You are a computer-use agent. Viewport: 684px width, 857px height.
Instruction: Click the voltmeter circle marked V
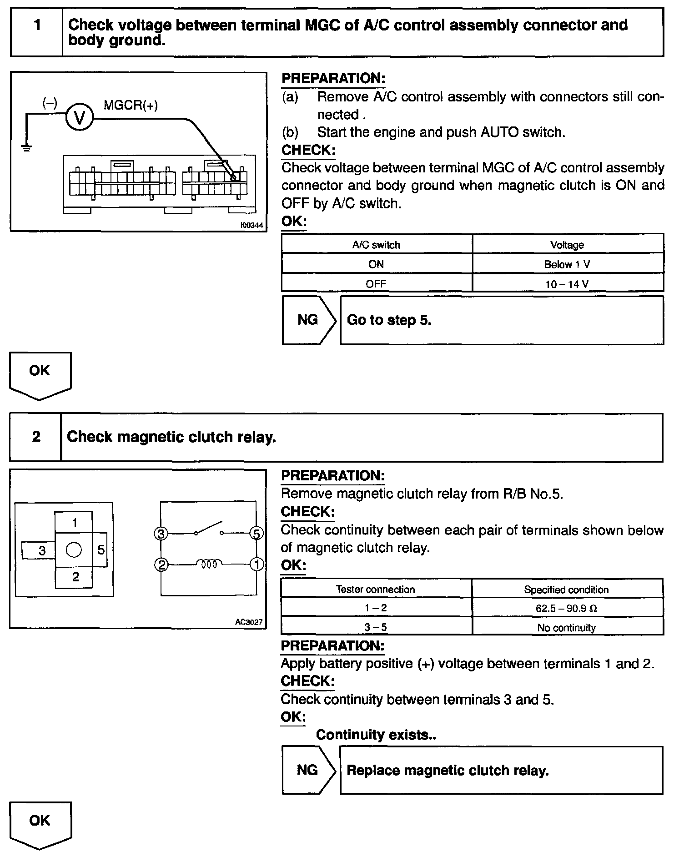(80, 118)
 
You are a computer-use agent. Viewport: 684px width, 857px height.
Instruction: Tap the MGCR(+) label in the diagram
(131, 106)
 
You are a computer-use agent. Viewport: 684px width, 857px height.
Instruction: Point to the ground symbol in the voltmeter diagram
(27, 147)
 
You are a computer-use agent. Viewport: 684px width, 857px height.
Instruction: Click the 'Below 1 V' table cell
(567, 264)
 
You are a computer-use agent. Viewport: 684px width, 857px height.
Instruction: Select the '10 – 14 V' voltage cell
(567, 284)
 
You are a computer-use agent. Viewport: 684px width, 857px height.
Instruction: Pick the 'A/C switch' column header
(376, 245)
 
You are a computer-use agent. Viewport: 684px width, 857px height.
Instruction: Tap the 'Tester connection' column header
(375, 590)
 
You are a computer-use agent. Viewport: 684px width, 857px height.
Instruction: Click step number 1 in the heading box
(37, 25)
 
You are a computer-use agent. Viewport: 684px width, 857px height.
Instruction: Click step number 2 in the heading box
(36, 437)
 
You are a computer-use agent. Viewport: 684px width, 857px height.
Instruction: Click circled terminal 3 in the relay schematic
(161, 534)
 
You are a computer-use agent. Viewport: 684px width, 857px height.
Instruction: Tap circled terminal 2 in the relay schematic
(161, 565)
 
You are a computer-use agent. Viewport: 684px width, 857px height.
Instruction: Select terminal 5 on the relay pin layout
(101, 550)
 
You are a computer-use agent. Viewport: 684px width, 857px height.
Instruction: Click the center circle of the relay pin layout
(74, 550)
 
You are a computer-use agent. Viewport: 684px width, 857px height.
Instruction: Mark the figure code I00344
(252, 225)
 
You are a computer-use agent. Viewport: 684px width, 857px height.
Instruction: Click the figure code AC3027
(249, 622)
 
